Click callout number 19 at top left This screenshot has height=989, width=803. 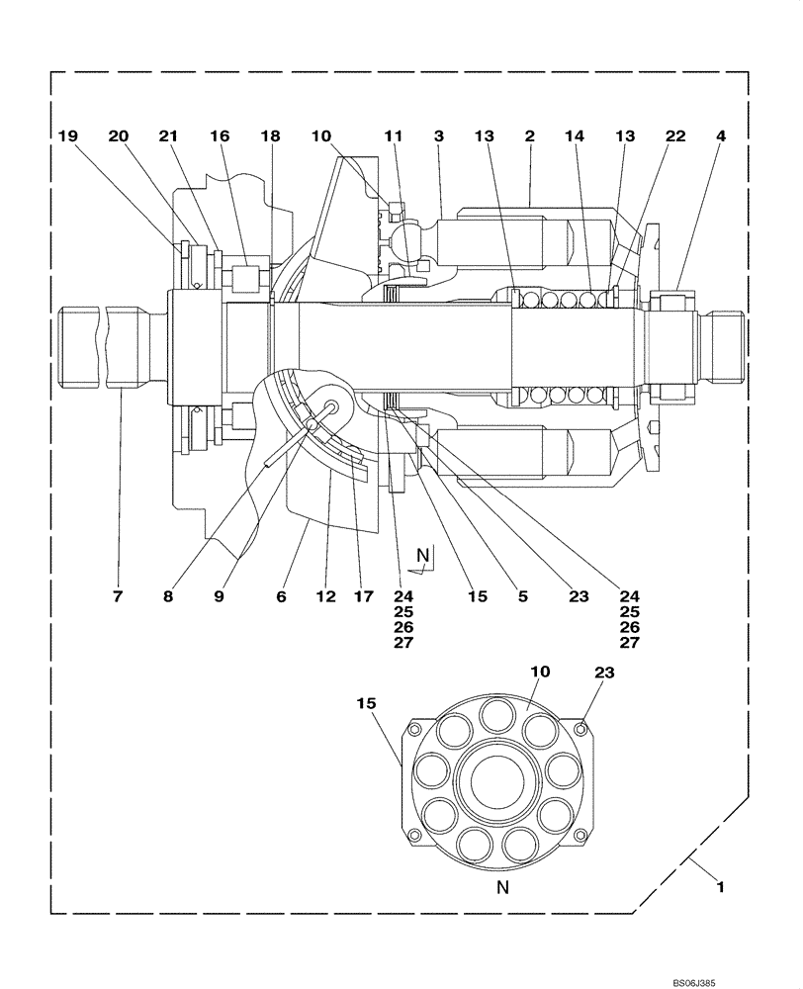click(x=66, y=137)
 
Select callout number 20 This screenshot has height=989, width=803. click(x=119, y=137)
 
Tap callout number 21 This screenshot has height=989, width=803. click(x=168, y=137)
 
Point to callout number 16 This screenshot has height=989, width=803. click(x=218, y=137)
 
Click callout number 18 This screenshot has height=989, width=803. click(x=270, y=137)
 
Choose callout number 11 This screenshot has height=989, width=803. click(x=394, y=137)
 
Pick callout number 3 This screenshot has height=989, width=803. click(x=439, y=137)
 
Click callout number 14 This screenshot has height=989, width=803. click(x=575, y=137)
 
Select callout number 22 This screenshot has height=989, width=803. click(x=675, y=137)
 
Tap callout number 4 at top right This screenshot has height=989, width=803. click(x=721, y=137)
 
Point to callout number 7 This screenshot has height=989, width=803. click(x=118, y=596)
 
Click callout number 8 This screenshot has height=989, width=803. click(x=167, y=596)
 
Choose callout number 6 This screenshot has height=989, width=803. click(x=282, y=596)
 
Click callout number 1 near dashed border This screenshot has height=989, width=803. click(x=721, y=887)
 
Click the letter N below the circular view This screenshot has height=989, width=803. click(x=502, y=888)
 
